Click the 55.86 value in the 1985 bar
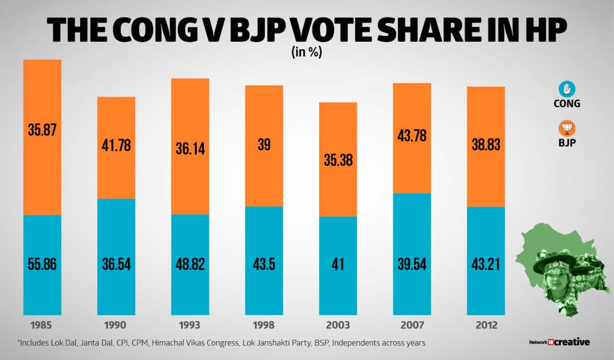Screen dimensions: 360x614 click(x=42, y=264)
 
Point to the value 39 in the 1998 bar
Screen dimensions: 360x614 click(x=264, y=146)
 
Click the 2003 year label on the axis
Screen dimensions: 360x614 click(x=338, y=325)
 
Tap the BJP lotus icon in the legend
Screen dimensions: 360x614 click(x=567, y=129)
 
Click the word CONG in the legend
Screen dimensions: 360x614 click(x=567, y=104)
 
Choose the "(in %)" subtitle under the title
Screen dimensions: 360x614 click(x=307, y=53)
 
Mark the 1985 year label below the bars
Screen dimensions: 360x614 click(x=42, y=325)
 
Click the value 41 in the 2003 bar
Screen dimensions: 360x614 click(x=338, y=264)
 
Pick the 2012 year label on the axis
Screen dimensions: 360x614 click(x=485, y=325)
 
